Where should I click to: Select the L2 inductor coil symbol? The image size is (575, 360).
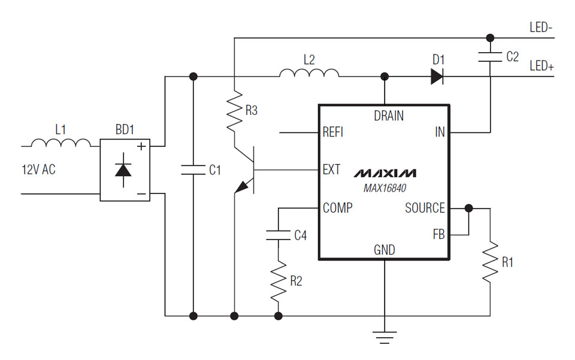308,72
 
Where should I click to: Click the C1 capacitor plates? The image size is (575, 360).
193,170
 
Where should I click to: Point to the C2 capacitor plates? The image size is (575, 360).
490,58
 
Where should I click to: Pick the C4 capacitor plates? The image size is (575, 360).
278,235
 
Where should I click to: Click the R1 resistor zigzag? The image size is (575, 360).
490,262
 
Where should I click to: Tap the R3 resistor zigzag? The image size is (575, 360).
234,110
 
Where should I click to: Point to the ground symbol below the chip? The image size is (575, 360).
384,336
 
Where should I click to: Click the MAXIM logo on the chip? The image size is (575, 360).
384,174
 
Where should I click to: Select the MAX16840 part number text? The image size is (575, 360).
384,188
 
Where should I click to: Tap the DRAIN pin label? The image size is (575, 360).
389,116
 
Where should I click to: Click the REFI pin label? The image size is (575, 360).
333,132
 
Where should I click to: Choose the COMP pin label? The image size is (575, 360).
337,208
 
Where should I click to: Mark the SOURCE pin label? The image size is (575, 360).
425,208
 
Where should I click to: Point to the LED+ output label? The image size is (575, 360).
541,66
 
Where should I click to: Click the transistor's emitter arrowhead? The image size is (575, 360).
241,188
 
